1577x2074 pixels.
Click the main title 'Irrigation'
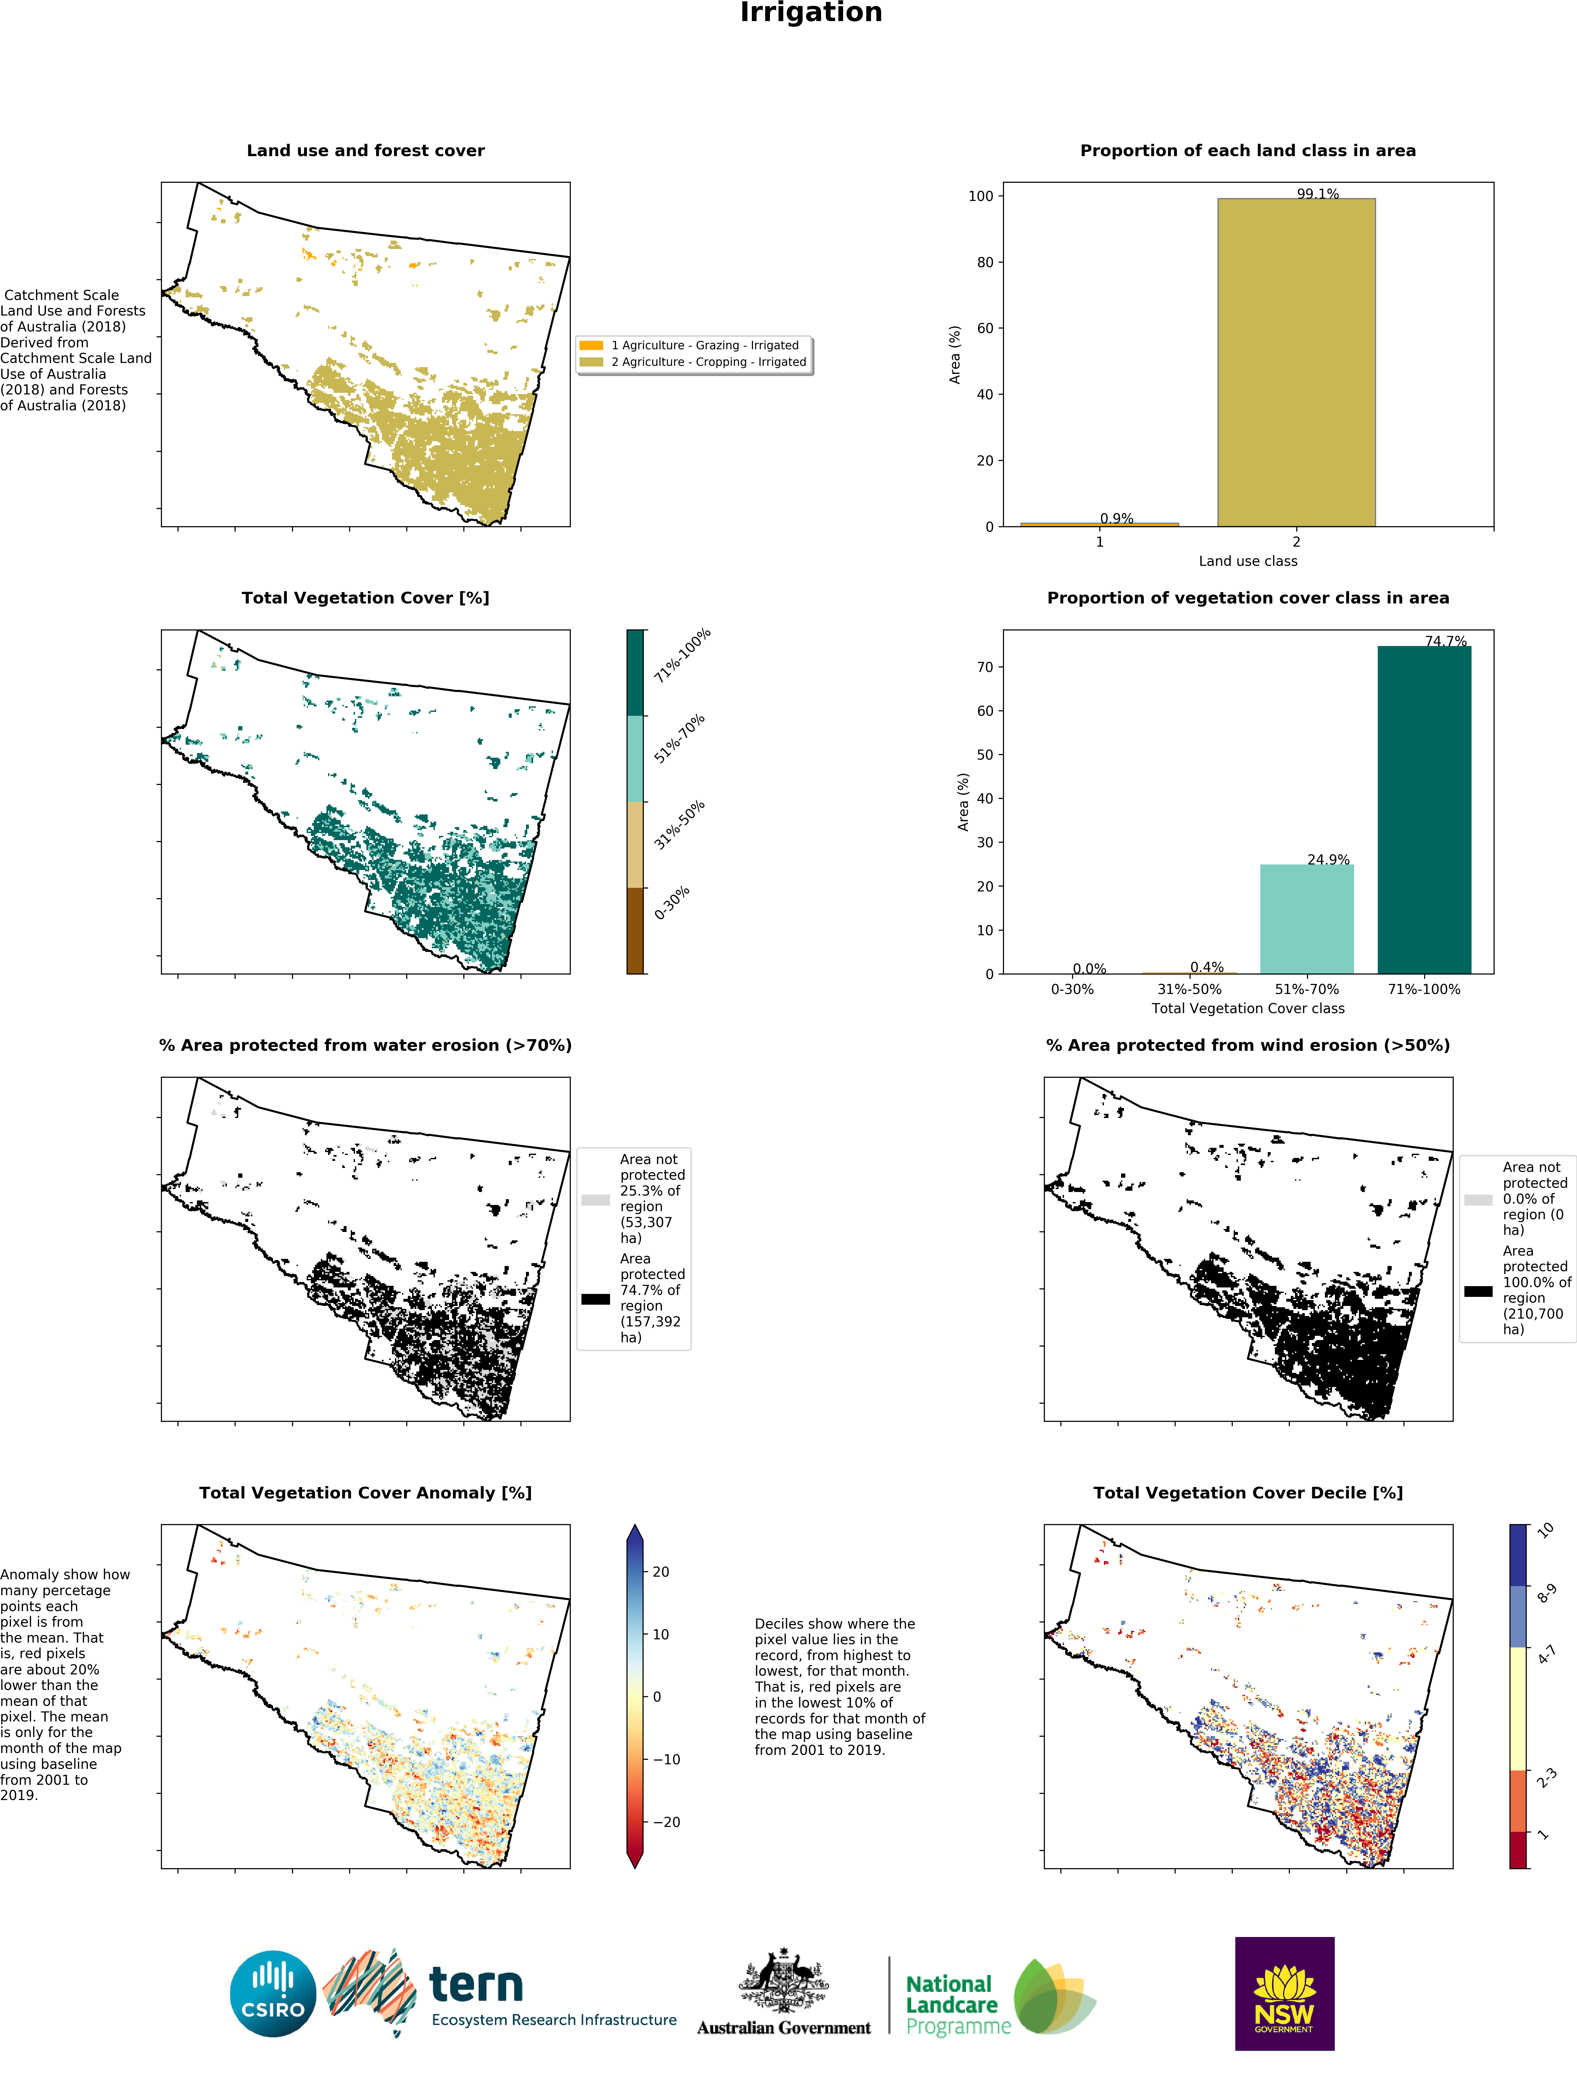[x=811, y=13]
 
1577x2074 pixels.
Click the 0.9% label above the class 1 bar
[x=1116, y=518]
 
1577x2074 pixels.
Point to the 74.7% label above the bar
[x=1446, y=641]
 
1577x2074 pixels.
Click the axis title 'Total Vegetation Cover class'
[x=1248, y=1008]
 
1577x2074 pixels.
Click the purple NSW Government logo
[x=1284, y=1993]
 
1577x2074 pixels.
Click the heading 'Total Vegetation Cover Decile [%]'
[x=1248, y=1493]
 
